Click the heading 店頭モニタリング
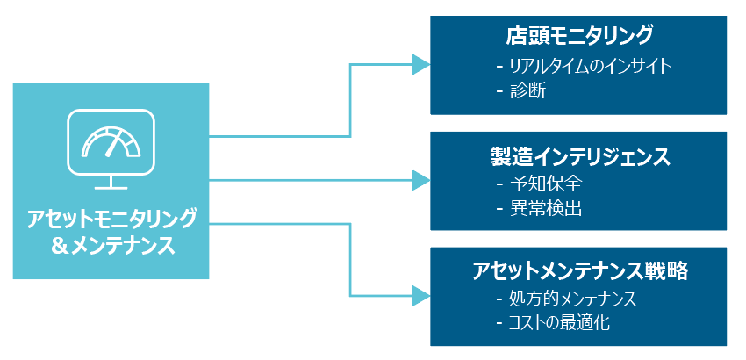pos(578,36)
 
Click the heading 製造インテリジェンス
pos(578,156)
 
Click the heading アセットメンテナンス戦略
pos(580,271)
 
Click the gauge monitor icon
pos(111,149)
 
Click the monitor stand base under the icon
pos(111,188)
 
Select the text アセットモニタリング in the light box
pos(111,219)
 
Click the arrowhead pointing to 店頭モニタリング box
pos(421,65)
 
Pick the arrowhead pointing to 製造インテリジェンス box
pos(421,181)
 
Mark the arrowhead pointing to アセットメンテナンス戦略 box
pos(421,296)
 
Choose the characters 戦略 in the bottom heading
pos(671,271)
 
